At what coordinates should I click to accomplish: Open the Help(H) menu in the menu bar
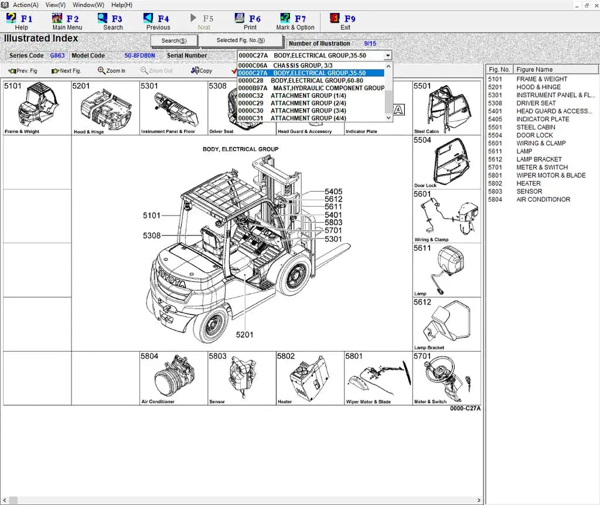[122, 5]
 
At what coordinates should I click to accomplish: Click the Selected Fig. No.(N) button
[241, 40]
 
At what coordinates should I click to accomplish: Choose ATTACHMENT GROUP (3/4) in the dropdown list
[308, 111]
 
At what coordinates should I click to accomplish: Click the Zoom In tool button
[111, 71]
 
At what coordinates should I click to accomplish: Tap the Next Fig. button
[66, 71]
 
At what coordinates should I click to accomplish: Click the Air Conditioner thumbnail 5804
[174, 378]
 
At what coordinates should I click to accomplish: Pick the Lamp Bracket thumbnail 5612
[446, 325]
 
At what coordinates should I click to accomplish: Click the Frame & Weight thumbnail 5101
[37, 108]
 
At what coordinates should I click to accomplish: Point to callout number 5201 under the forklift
[244, 335]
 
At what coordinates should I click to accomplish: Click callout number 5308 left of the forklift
[151, 236]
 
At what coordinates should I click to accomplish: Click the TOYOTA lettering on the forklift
[171, 278]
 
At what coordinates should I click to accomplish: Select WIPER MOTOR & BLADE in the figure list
[551, 175]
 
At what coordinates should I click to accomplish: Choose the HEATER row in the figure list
[529, 183]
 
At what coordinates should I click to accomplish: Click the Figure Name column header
[534, 70]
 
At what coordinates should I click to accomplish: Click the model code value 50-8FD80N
[139, 56]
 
